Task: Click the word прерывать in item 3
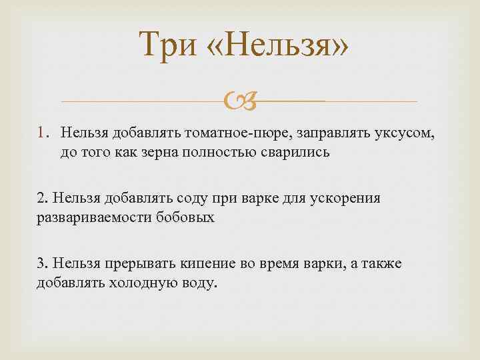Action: click(139, 263)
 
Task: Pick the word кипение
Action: click(211, 263)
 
